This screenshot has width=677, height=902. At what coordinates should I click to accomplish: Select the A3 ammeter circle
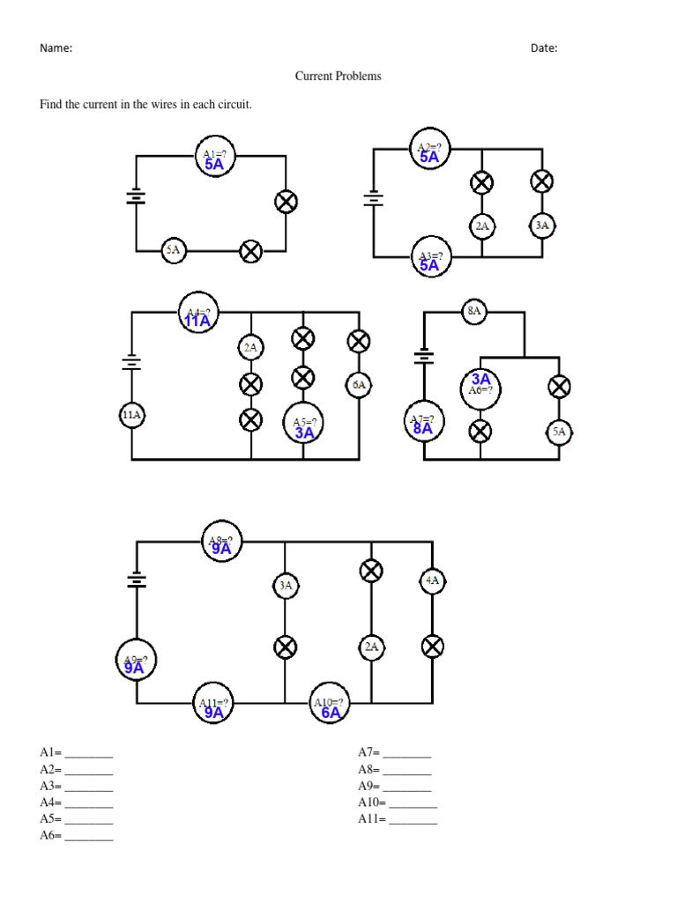pos(429,257)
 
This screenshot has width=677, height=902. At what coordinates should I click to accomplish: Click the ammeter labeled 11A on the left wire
pos(132,414)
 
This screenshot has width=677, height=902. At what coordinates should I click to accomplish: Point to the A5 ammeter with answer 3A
pos(304,425)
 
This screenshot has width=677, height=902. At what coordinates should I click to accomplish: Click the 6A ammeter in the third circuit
pos(358,385)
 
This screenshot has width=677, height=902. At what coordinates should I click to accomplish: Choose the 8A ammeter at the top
pos(474,311)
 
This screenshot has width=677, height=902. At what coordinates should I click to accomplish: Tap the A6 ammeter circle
pos(480,385)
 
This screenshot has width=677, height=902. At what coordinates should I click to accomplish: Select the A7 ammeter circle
pos(424,424)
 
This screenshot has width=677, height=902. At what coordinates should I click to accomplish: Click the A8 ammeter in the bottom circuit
pos(219,543)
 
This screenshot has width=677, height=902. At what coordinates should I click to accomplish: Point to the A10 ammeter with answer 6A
pos(330,706)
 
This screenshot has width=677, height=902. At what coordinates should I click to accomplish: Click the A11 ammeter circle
pos(213,706)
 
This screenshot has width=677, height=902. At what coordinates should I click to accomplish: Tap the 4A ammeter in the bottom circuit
pos(432,581)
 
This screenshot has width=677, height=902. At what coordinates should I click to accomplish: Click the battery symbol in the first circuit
pos(136,196)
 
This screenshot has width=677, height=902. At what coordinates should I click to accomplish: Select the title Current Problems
pos(338,77)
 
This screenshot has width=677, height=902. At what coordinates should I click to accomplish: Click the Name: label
pos(56,48)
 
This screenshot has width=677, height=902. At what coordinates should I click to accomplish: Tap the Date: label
pos(544,48)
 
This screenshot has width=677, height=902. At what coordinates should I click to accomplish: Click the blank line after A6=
pos(89,837)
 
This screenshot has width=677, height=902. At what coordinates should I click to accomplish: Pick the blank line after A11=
pos(413,820)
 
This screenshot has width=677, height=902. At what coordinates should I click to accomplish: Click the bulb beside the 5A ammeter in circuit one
pos(251,252)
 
